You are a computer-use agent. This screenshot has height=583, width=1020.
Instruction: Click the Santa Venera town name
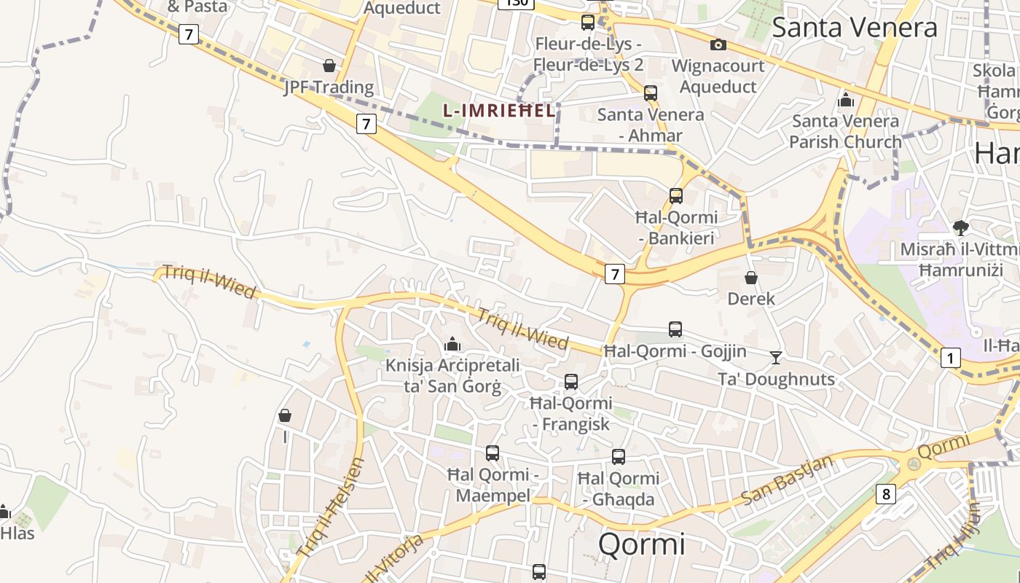click(x=854, y=28)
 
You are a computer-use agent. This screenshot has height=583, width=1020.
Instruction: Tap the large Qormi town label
click(x=642, y=544)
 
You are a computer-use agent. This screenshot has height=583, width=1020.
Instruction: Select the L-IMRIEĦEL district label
click(x=498, y=110)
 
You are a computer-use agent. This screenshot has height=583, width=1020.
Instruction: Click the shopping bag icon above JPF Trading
click(x=329, y=66)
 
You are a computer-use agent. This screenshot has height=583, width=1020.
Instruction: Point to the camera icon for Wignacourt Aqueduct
click(x=718, y=45)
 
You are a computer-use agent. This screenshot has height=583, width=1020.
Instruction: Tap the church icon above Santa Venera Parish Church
click(x=846, y=99)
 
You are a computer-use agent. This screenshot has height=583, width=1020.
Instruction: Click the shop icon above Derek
click(x=751, y=278)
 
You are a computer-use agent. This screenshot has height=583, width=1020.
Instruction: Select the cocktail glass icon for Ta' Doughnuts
click(x=776, y=357)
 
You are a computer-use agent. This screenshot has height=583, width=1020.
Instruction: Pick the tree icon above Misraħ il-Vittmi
click(x=960, y=228)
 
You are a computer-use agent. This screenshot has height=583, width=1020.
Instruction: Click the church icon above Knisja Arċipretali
click(x=452, y=343)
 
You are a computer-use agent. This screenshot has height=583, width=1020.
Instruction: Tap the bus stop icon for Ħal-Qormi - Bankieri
click(x=676, y=195)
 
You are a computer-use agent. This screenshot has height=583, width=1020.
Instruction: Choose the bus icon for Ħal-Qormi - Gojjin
click(x=675, y=329)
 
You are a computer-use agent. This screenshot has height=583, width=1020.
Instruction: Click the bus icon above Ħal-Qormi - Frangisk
click(x=571, y=382)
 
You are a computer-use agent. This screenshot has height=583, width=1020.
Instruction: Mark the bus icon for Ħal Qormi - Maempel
click(x=493, y=453)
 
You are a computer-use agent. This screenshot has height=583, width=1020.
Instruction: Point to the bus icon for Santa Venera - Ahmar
click(x=651, y=93)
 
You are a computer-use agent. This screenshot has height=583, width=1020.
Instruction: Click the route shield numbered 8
click(x=886, y=494)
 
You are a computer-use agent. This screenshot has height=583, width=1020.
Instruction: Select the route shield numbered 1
click(x=950, y=358)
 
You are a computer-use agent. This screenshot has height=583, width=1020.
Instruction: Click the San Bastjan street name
click(x=787, y=480)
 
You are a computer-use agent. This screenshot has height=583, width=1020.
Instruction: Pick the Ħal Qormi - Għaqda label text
click(x=619, y=489)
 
